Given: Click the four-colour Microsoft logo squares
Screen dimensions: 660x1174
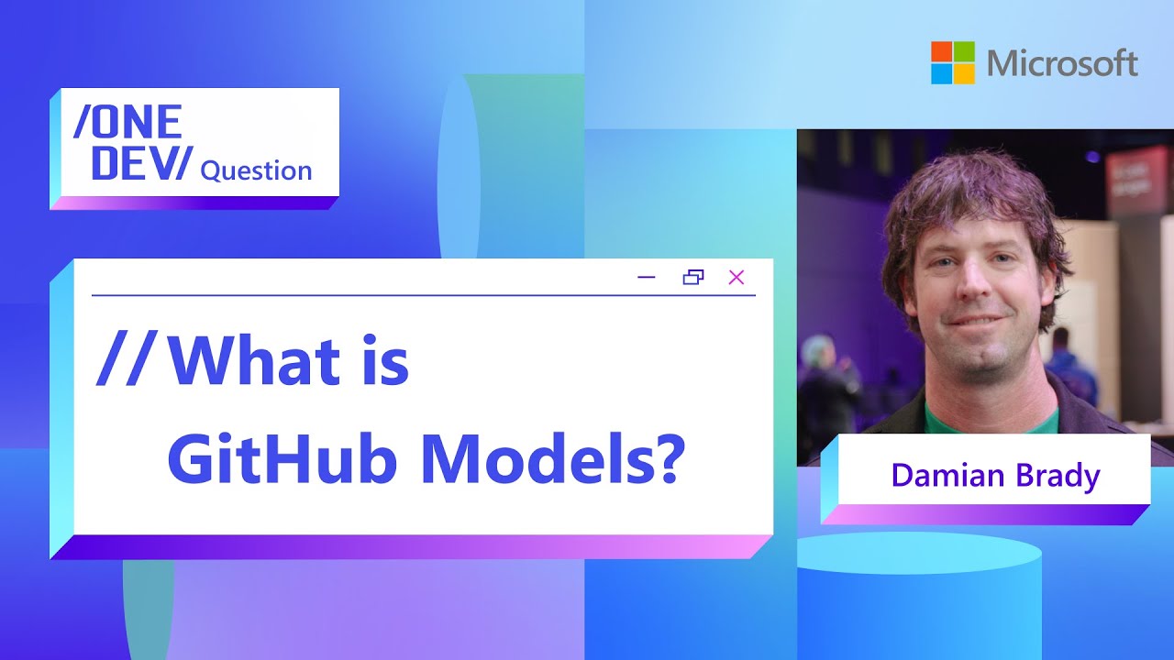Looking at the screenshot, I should pos(953,62).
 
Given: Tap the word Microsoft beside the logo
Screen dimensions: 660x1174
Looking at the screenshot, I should pos(1063,63).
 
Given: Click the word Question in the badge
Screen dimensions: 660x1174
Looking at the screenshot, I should pos(256,170).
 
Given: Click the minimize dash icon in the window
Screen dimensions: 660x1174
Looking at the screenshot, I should pos(647,277).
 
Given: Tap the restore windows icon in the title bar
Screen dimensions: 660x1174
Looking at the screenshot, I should pos(693,277).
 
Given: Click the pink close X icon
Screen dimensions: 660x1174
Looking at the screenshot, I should pos(736,277).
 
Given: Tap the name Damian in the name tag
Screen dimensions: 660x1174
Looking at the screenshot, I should pos(945,476).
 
